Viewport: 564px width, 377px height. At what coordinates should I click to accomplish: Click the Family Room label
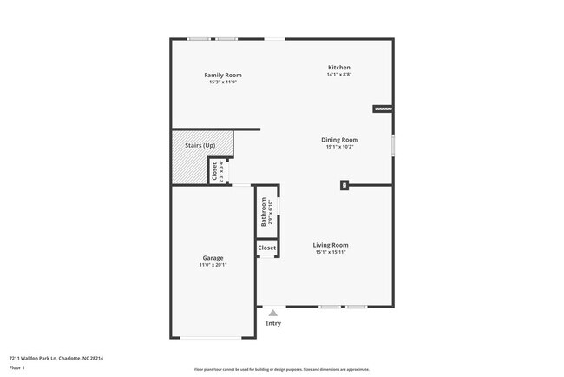tap(222, 75)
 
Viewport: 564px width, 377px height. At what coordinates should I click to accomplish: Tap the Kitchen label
tap(338, 68)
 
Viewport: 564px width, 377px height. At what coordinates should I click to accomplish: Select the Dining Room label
tap(341, 140)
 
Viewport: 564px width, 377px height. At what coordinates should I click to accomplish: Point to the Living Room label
tap(331, 245)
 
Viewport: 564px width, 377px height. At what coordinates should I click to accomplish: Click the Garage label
tap(213, 258)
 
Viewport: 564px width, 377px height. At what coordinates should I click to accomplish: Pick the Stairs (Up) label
tap(200, 144)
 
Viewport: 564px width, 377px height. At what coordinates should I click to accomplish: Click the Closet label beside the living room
tap(266, 248)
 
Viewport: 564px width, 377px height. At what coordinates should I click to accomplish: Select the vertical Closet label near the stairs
tap(214, 169)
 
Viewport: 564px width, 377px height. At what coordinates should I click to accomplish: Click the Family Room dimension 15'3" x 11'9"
tap(222, 83)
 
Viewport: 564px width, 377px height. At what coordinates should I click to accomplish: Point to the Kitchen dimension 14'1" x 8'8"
tap(338, 76)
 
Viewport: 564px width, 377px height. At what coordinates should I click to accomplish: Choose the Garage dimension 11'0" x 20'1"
tap(213, 266)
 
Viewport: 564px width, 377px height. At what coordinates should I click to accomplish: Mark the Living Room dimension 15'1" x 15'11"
tap(331, 253)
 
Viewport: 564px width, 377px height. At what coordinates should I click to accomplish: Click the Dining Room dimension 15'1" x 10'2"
tap(341, 147)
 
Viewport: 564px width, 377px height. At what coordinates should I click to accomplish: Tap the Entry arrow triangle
tap(273, 312)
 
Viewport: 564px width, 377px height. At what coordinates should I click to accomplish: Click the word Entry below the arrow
tap(273, 324)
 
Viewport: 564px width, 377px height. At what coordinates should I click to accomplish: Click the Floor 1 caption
tap(17, 367)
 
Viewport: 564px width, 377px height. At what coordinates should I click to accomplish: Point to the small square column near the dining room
tap(344, 184)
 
